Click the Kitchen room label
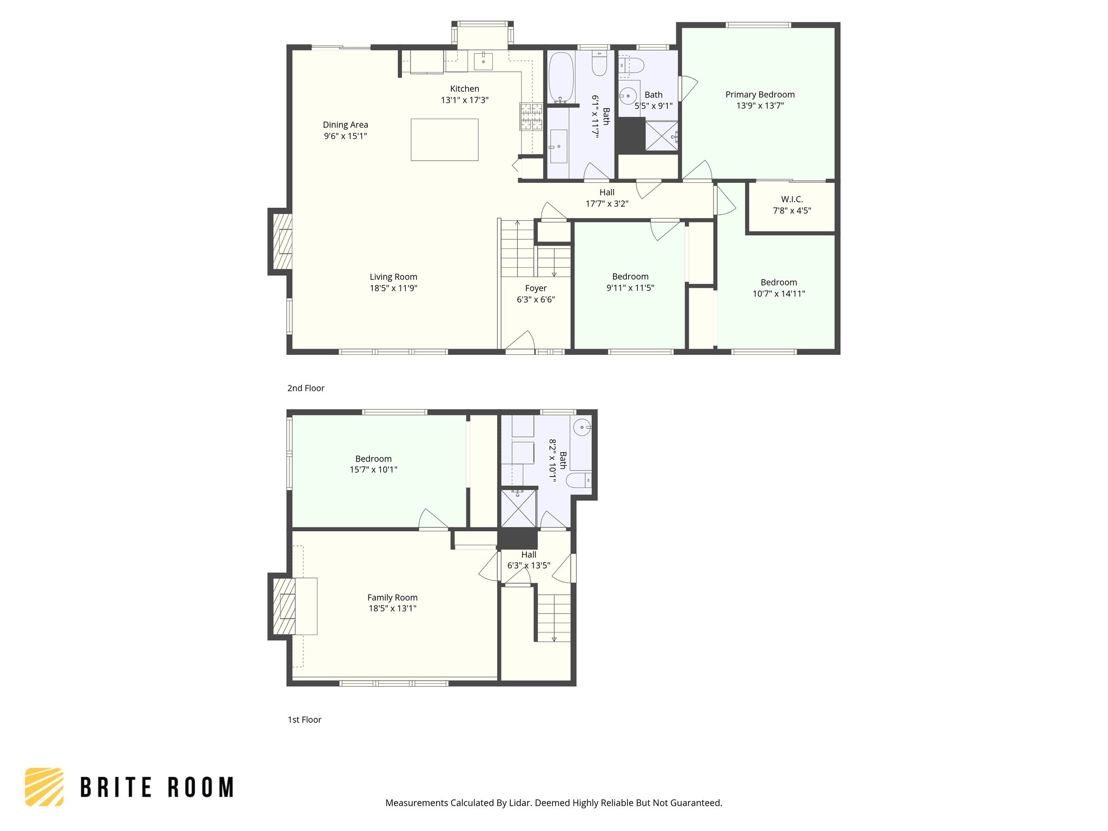(464, 89)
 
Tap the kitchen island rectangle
(444, 140)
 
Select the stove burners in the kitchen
(531, 116)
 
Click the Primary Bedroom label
(760, 95)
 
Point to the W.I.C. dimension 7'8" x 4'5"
(792, 210)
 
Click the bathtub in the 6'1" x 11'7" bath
(561, 77)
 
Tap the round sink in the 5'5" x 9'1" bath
(628, 96)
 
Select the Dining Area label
(345, 125)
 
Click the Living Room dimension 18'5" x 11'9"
(393, 288)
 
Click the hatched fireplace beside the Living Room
(282, 241)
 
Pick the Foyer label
(536, 288)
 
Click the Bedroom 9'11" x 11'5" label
(630, 276)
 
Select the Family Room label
(392, 597)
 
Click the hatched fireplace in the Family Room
(283, 606)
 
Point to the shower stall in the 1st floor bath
(518, 509)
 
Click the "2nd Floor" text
(306, 388)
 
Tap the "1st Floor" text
(304, 720)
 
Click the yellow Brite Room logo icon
(44, 787)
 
